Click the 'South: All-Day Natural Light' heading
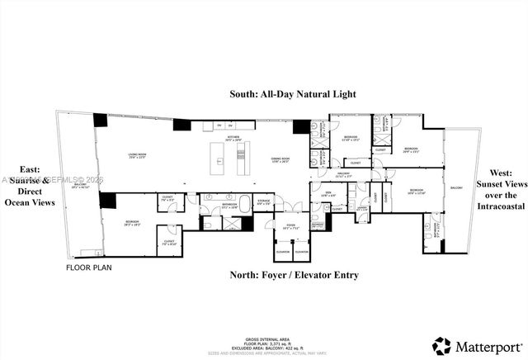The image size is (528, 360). tap(293, 94)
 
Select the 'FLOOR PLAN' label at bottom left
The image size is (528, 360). tap(90, 268)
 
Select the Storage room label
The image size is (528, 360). tap(264, 201)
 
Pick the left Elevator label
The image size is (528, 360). tap(283, 251)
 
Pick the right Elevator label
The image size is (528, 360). tap(301, 251)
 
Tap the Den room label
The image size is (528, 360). tap(328, 195)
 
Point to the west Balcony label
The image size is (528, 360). tap(457, 188)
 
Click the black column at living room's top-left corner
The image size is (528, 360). tap(101, 120)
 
